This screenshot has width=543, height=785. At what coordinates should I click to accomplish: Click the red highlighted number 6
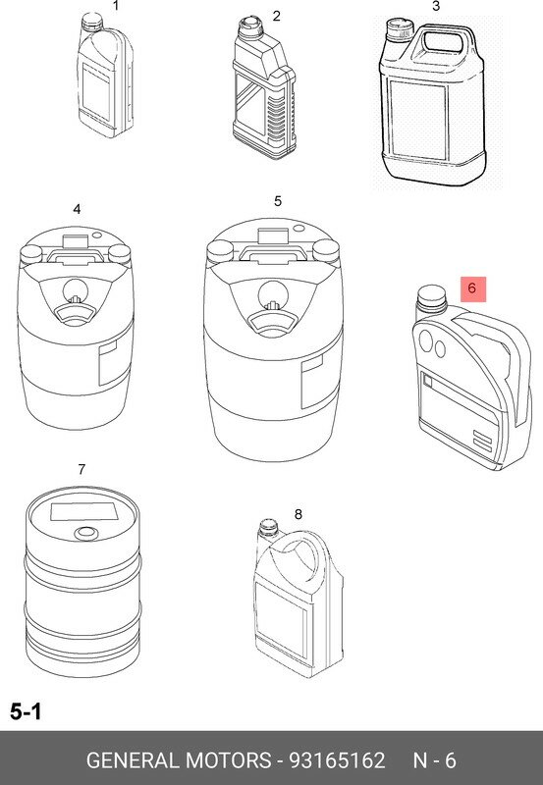pos(473,289)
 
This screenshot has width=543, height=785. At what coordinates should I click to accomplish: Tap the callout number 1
pos(116,6)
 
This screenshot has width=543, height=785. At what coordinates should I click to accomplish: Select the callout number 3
pos(436,6)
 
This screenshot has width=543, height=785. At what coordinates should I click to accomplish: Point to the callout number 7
pos(81,470)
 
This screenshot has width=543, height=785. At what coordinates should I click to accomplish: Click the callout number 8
pos(299,514)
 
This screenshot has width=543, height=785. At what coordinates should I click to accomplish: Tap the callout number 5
pos(278,201)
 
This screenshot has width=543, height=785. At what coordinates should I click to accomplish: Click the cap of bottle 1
pos(91,21)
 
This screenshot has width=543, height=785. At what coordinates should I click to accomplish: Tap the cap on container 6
pos(431,297)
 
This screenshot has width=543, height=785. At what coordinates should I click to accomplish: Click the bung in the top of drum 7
pos(86,533)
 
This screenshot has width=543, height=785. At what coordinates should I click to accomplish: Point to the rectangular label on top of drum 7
pos(84,512)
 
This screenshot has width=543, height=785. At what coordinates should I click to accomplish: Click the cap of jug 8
pos(268,528)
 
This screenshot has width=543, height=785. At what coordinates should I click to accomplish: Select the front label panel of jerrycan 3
pos(417,120)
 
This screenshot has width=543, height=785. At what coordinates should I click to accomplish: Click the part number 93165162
pos(337,760)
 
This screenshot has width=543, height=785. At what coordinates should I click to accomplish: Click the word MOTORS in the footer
pos(228,760)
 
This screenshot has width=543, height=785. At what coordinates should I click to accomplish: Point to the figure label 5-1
pos(27,710)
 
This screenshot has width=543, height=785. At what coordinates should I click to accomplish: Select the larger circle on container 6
pos(426,340)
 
